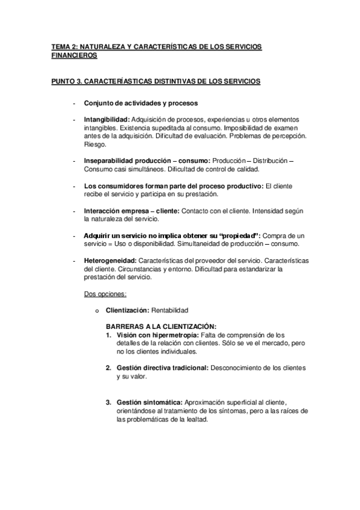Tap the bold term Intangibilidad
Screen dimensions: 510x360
click(106, 119)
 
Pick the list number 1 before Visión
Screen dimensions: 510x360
click(108, 334)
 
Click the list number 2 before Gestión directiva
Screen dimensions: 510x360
click(108, 367)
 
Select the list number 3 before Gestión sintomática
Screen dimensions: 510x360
click(108, 401)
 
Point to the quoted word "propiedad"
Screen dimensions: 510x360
click(240, 235)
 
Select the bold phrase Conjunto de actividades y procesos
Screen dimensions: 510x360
click(141, 102)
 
